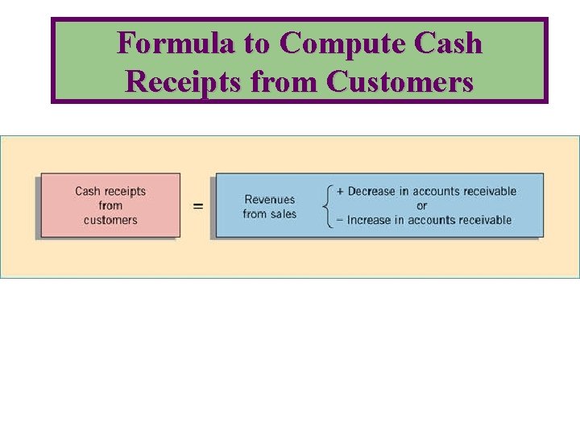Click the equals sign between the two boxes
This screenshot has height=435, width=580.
click(198, 206)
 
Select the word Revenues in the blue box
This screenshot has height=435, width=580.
click(270, 200)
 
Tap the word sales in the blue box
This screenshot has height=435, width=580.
click(283, 213)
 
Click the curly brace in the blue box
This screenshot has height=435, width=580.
click(327, 205)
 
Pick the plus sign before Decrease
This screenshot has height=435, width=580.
click(340, 192)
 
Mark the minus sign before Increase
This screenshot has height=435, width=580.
click(340, 220)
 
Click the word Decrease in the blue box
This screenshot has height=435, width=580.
click(372, 192)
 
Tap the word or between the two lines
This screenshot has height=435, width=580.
click(422, 205)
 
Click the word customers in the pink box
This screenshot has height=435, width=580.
click(110, 220)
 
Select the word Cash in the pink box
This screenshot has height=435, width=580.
click(88, 192)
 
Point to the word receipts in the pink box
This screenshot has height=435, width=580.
click(125, 192)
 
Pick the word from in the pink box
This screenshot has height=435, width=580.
click(110, 205)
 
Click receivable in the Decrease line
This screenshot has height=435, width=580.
click(488, 192)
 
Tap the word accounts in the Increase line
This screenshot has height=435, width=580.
click(433, 220)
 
